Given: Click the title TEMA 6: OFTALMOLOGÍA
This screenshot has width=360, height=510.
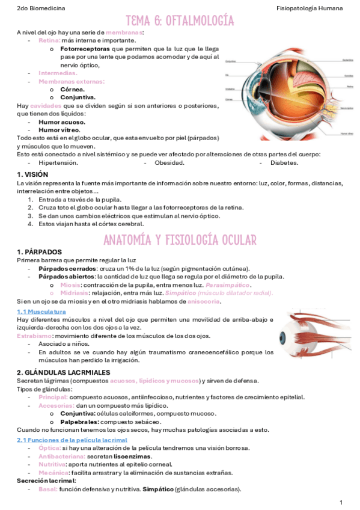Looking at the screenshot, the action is [x=180, y=22].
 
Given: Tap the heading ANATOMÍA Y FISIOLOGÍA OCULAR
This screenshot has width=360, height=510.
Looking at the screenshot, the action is [x=180, y=239].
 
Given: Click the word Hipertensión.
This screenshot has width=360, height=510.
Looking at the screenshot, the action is [x=58, y=162].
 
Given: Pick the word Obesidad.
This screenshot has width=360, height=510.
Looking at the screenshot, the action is [x=169, y=162].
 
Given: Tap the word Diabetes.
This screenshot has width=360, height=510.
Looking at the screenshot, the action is [x=284, y=162].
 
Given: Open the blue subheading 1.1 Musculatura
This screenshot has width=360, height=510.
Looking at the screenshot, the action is [x=41, y=312].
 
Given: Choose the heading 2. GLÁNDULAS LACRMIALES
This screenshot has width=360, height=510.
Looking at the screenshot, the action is [x=63, y=373].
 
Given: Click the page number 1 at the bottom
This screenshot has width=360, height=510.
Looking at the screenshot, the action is [x=341, y=502].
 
